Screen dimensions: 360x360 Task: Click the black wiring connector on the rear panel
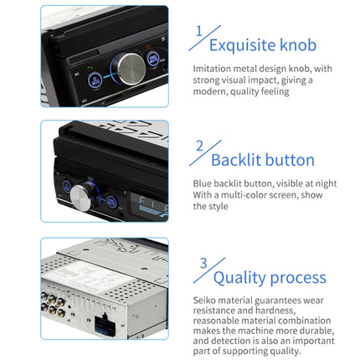click(x=107, y=323)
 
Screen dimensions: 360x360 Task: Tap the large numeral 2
click(x=198, y=147)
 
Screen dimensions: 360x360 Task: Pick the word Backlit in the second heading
click(x=234, y=160)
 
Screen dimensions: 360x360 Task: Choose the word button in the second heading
click(x=287, y=160)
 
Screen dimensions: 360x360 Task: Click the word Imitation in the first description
click(x=213, y=69)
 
